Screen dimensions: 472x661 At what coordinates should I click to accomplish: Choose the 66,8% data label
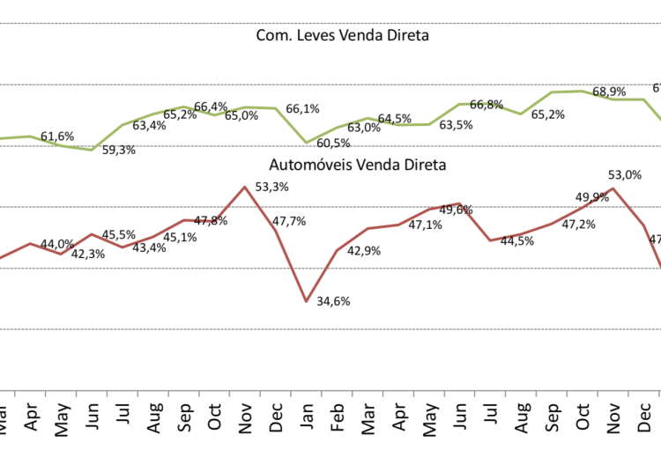486,105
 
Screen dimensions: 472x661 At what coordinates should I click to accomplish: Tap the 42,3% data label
87,254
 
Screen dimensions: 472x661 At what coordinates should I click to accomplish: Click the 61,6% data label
57,136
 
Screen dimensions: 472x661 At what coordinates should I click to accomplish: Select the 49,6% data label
456,210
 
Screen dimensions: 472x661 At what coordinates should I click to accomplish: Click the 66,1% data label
302,109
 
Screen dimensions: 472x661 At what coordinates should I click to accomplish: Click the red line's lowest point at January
307,301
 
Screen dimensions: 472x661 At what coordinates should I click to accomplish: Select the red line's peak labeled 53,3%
245,187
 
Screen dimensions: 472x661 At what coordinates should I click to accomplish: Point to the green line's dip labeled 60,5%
307,142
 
